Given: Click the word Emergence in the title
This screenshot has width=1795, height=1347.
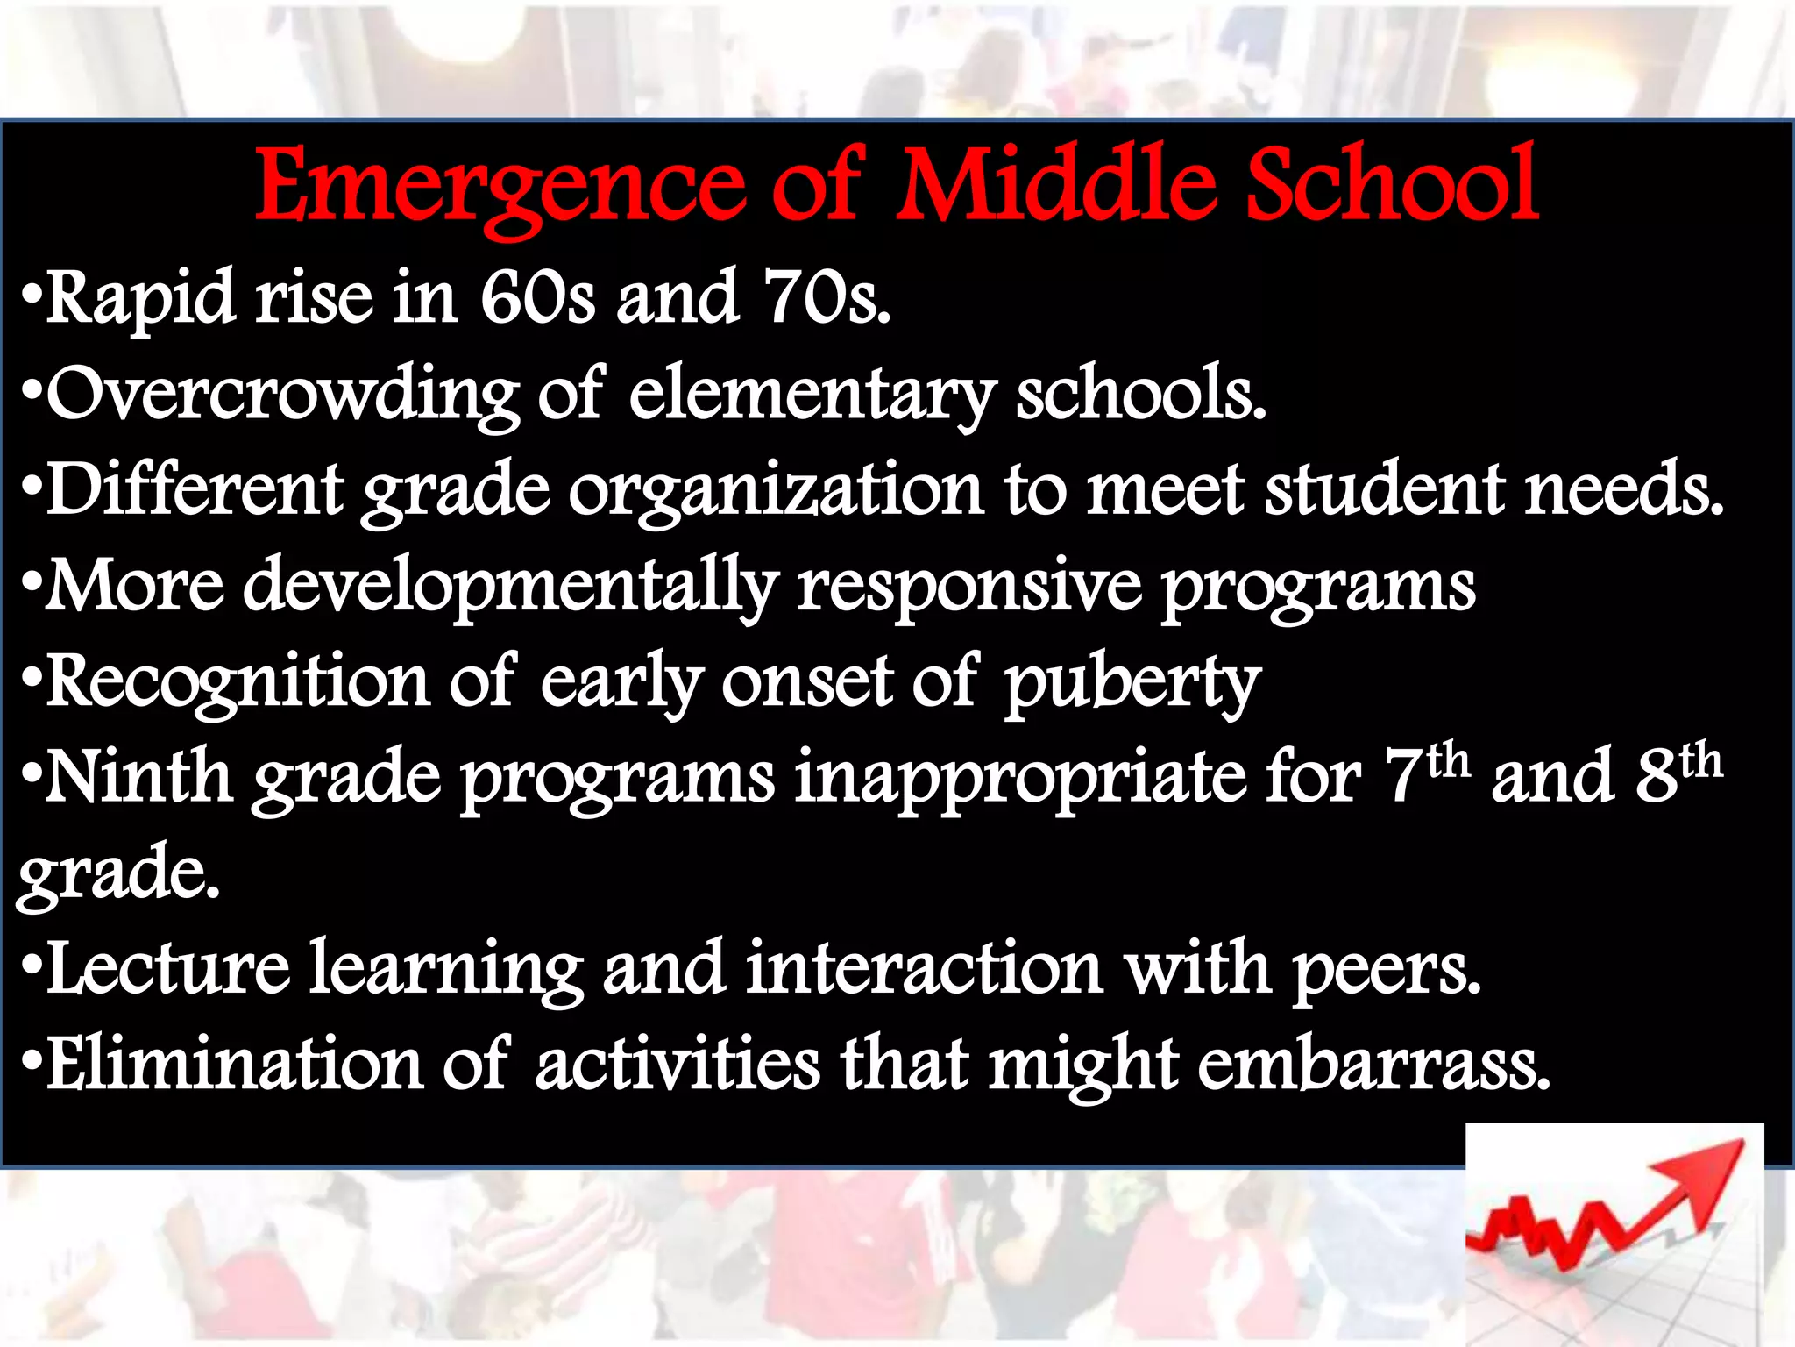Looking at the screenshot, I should [500, 186].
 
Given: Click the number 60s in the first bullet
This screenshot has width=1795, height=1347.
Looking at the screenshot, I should [537, 298].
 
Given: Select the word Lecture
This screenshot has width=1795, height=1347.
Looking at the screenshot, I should [167, 970].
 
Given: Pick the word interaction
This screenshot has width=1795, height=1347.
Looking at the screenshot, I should [924, 970].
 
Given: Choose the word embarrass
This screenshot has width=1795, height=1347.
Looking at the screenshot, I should [1373, 1065].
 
